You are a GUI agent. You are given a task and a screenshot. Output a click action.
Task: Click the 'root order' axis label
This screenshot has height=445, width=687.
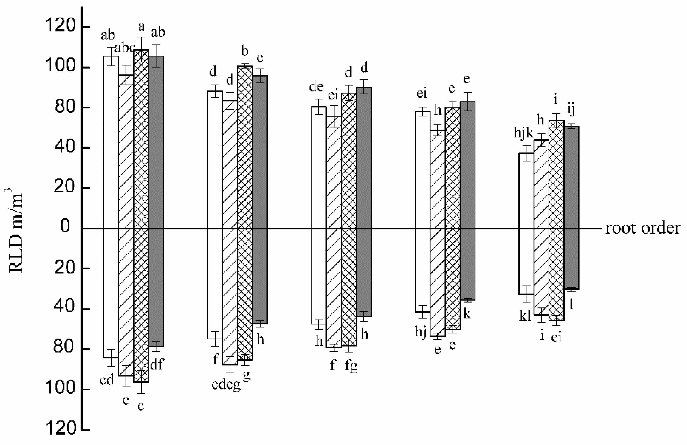(x=642, y=229)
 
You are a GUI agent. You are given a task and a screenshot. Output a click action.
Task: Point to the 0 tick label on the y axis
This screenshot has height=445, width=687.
(x=65, y=226)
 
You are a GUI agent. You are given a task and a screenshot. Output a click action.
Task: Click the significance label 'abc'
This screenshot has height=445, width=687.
(x=125, y=48)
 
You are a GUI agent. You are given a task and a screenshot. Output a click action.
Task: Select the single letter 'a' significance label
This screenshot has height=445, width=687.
(x=141, y=27)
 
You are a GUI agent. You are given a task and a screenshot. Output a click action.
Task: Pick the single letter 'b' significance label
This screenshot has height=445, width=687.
(x=245, y=51)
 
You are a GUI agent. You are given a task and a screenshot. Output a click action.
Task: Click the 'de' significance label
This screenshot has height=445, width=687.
(x=316, y=87)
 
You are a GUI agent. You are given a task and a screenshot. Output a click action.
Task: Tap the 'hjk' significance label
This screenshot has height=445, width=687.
(x=523, y=133)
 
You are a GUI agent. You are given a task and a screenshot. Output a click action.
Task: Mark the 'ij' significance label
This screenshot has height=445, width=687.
(x=571, y=109)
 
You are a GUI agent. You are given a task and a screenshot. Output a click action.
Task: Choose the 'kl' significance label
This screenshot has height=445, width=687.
(x=525, y=316)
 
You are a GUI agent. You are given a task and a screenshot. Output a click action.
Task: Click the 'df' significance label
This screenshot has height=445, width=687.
(x=157, y=364)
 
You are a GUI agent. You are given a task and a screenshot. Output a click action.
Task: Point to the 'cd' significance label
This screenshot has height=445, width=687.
(x=107, y=380)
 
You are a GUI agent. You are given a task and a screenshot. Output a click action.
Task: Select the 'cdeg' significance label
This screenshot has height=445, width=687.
(x=226, y=385)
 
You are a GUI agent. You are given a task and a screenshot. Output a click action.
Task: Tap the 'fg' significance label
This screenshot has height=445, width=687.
(x=351, y=366)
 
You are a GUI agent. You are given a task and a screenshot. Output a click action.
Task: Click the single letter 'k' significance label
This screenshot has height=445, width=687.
(x=467, y=313)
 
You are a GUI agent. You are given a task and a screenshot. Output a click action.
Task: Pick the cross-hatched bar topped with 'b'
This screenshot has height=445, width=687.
(x=245, y=173)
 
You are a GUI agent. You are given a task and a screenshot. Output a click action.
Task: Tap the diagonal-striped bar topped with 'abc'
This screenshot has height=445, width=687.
(x=126, y=173)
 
